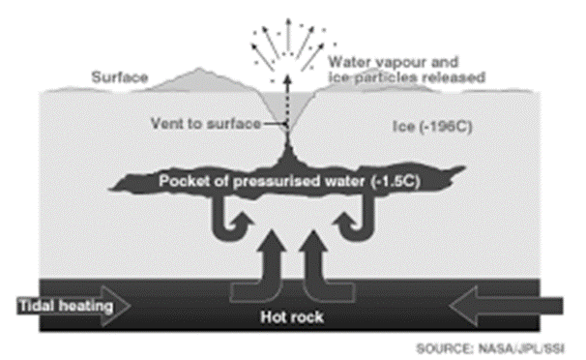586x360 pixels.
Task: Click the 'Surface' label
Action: tap(120, 77)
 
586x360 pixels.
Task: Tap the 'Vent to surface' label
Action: tap(206, 123)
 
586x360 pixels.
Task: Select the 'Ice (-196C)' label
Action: tap(432, 127)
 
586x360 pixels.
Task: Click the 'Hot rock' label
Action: tap(292, 317)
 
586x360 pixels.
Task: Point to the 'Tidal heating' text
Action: tap(66, 306)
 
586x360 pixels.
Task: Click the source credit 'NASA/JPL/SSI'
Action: tap(522, 348)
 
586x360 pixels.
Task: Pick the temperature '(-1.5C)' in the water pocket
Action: tap(396, 181)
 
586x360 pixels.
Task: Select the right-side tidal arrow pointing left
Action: tap(507, 306)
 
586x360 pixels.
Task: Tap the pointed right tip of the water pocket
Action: tap(465, 167)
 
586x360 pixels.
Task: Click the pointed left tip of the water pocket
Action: tap(108, 189)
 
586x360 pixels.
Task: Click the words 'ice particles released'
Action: tap(406, 77)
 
